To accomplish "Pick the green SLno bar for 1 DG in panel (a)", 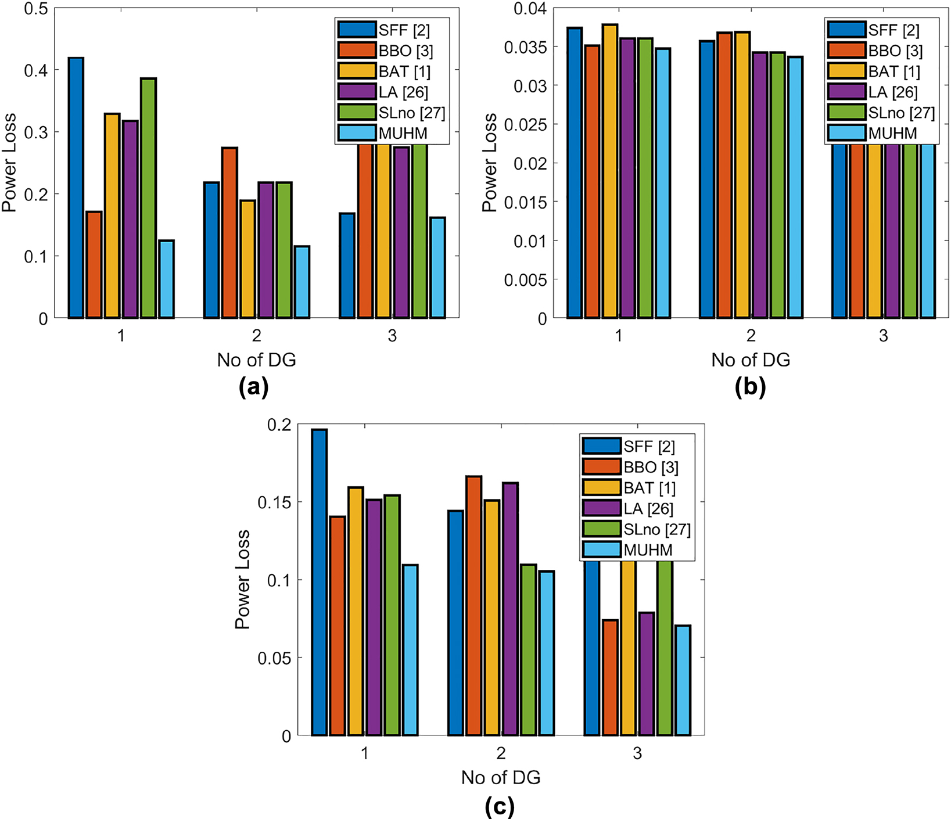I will point(148,197).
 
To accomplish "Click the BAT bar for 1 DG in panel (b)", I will point(610,171).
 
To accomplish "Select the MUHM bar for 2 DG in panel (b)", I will point(795,187).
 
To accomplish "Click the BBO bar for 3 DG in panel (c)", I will point(610,677).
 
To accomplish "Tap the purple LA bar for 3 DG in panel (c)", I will point(647,674).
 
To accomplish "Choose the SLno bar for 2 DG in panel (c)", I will point(528,649).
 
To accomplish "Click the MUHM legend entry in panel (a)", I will point(392,134).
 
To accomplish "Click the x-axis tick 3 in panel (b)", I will point(883,336).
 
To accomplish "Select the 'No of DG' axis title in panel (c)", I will point(500,777).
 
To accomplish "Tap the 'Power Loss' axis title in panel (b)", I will point(490,163).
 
